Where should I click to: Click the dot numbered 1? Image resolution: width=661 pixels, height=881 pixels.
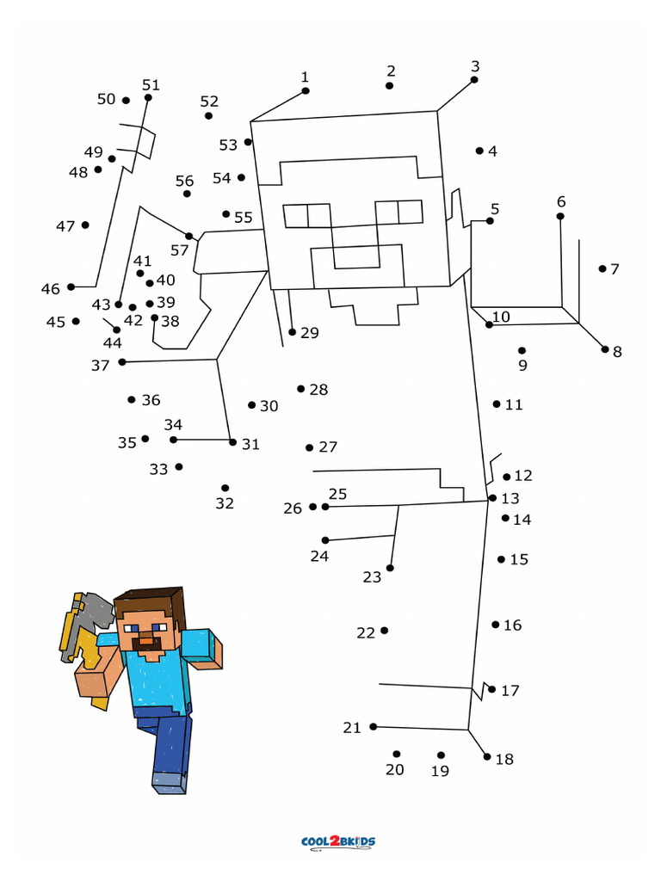click(x=306, y=90)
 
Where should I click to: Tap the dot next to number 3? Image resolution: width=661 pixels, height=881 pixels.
click(x=474, y=80)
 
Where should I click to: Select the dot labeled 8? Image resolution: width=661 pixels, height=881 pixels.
click(x=605, y=349)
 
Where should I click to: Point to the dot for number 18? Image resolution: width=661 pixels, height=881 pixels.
click(x=487, y=757)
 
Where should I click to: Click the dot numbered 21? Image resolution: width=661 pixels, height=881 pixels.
click(x=374, y=727)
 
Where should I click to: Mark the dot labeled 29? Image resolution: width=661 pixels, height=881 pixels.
click(x=293, y=332)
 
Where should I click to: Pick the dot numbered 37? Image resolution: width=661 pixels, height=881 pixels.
click(x=122, y=362)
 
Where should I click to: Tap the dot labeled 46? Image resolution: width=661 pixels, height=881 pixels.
click(x=71, y=287)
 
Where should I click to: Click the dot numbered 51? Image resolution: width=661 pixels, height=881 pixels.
click(x=148, y=97)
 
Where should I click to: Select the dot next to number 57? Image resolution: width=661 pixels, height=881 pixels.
click(x=189, y=236)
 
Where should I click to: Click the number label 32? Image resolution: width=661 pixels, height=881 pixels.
click(x=225, y=503)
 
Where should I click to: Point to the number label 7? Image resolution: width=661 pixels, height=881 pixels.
click(x=615, y=269)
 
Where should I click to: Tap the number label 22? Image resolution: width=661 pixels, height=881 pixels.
click(x=366, y=633)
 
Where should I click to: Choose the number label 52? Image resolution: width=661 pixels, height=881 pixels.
click(x=209, y=102)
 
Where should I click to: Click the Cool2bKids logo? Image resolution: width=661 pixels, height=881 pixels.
click(x=338, y=842)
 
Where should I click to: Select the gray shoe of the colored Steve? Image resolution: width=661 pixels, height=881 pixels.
click(x=170, y=782)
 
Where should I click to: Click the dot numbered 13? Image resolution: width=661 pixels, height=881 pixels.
click(x=492, y=498)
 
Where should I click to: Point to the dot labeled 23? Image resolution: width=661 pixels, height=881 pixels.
click(x=390, y=568)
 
